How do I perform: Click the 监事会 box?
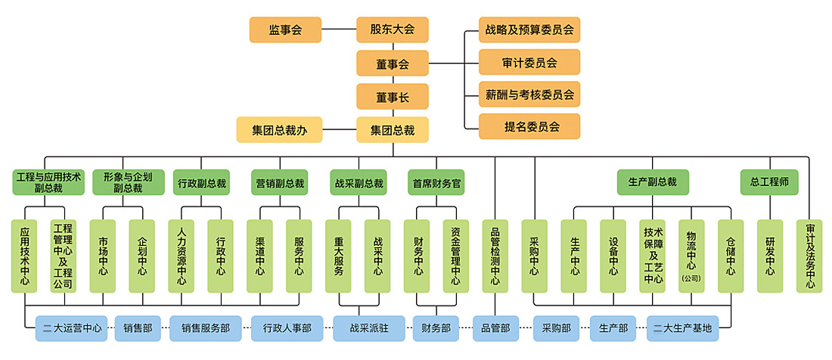tap(285, 30)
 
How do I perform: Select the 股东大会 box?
tap(393, 30)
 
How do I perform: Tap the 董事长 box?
tap(393, 97)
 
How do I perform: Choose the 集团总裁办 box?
tap(279, 130)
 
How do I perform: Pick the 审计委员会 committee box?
tap(529, 63)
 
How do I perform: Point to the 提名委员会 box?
tap(529, 126)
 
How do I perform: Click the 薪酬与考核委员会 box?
tap(529, 95)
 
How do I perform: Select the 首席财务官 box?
tap(436, 183)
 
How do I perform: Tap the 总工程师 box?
tap(769, 182)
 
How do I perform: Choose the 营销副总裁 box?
tap(279, 183)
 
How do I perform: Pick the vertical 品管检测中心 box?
tap(495, 256)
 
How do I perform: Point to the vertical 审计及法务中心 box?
tap(809, 256)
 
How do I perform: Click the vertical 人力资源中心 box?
tap(182, 256)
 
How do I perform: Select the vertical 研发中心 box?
tap(770, 256)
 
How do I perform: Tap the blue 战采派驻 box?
tap(371, 329)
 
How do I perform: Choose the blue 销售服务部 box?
tap(205, 329)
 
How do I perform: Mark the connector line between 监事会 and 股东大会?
tap(339, 30)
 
